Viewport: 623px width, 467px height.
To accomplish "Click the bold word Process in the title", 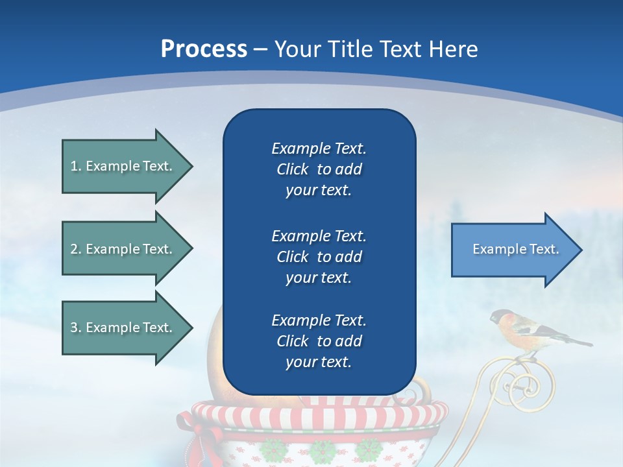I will [x=204, y=49].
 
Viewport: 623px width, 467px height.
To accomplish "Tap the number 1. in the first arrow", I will [x=75, y=166].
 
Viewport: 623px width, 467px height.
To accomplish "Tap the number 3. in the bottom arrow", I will [x=75, y=328].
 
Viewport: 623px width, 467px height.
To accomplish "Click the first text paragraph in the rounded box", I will [x=319, y=169].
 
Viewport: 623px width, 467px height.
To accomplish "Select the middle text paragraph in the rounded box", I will [x=319, y=257].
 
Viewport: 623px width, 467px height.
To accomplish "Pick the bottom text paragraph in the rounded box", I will [x=319, y=341].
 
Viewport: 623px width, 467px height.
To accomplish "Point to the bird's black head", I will [x=498, y=317].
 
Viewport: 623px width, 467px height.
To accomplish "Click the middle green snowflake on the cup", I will [x=322, y=450].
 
